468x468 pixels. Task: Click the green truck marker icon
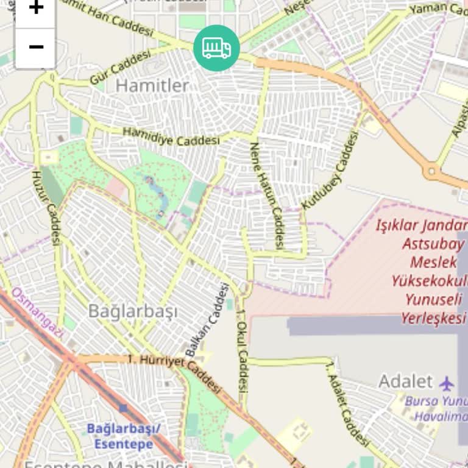216,48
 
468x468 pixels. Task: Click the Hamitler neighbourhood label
152,86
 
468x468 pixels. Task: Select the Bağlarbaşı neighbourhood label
133,311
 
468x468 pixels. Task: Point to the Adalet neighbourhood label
405,382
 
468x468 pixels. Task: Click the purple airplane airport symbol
447,383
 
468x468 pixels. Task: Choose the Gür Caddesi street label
120,68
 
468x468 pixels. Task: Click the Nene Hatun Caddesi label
268,195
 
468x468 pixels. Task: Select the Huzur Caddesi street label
47,207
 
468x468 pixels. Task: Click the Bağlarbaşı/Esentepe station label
123,436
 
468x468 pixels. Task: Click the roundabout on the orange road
433,171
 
